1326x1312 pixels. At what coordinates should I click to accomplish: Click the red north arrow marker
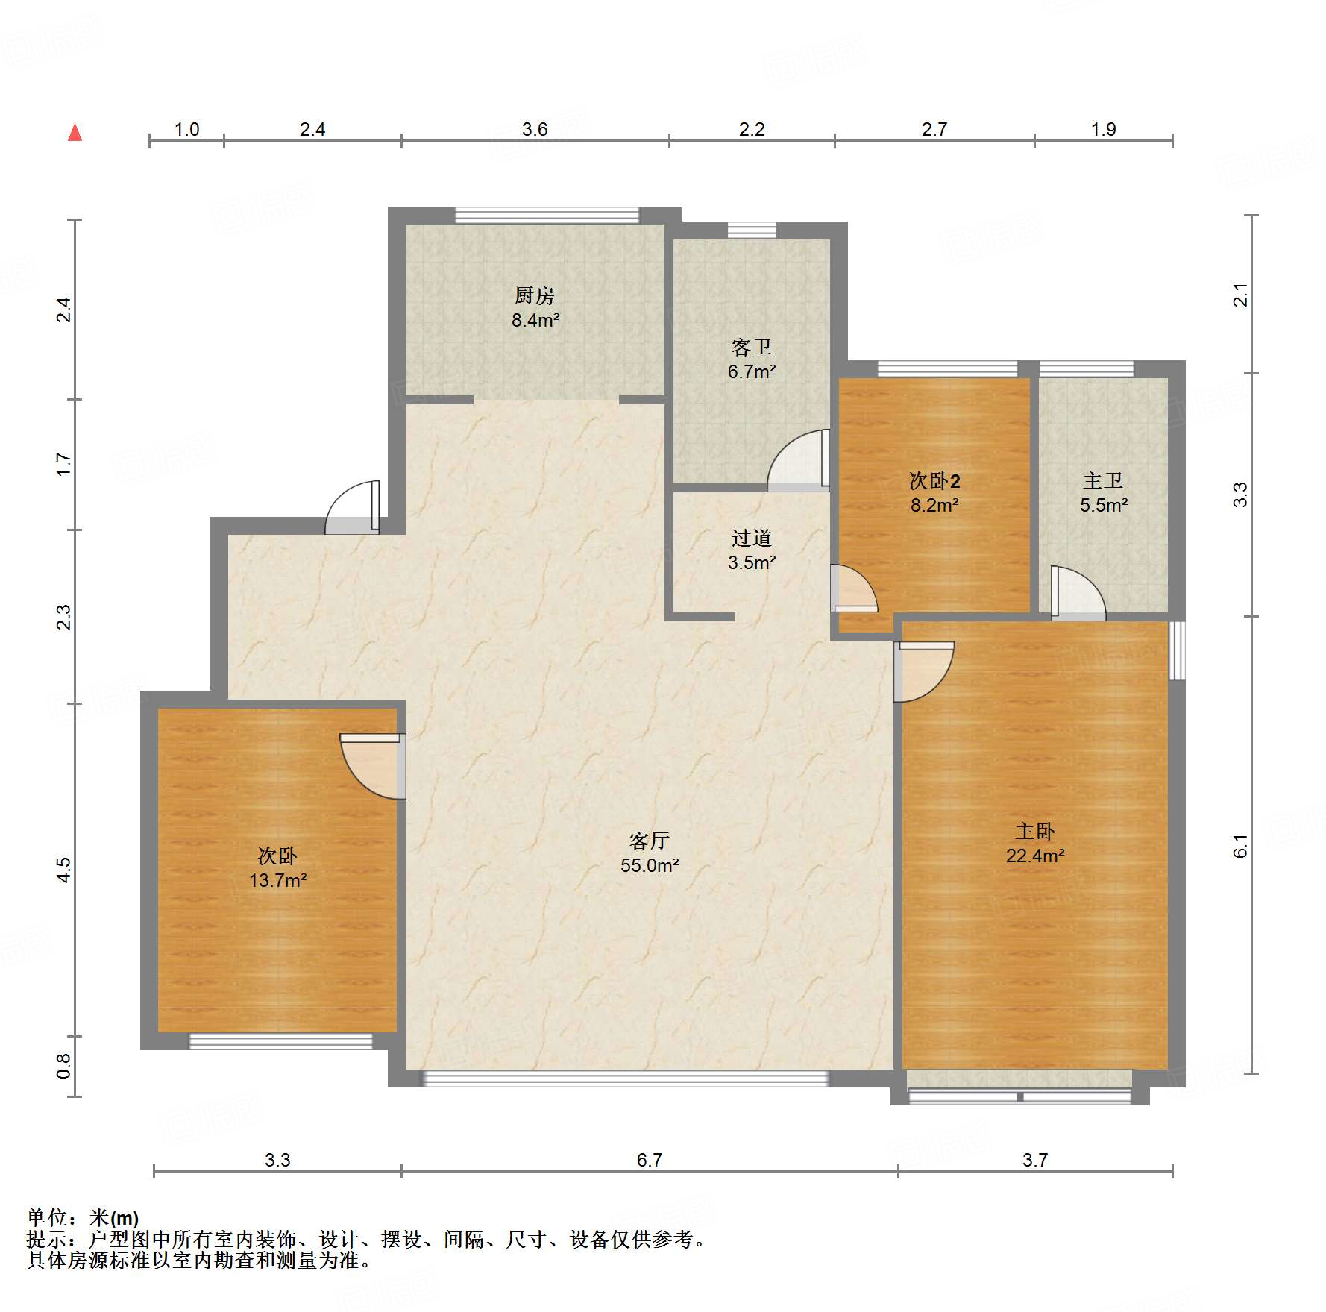pyautogui.click(x=75, y=133)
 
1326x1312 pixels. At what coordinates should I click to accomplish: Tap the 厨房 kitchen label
pyautogui.click(x=535, y=296)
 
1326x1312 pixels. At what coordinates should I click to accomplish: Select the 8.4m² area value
pyautogui.click(x=535, y=321)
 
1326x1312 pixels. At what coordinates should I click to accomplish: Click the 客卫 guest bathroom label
pyautogui.click(x=751, y=348)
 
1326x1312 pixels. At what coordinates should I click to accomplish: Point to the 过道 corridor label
pyautogui.click(x=751, y=539)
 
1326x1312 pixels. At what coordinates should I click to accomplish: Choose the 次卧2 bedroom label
pyautogui.click(x=934, y=481)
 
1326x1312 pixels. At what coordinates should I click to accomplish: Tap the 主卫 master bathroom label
pyautogui.click(x=1103, y=481)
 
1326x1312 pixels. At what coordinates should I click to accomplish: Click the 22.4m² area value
pyautogui.click(x=1034, y=856)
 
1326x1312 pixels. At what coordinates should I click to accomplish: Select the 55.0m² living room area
pyautogui.click(x=649, y=866)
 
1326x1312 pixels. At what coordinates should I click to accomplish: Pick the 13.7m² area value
pyautogui.click(x=277, y=881)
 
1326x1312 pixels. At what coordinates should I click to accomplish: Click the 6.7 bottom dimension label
pyautogui.click(x=649, y=1160)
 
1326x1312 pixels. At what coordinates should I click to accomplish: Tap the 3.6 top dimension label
pyautogui.click(x=535, y=130)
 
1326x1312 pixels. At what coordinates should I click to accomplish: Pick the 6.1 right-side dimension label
pyautogui.click(x=1240, y=846)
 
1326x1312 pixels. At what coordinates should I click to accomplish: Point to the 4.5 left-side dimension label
pyautogui.click(x=64, y=870)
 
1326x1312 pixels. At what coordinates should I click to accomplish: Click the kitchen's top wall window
pyautogui.click(x=547, y=215)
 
